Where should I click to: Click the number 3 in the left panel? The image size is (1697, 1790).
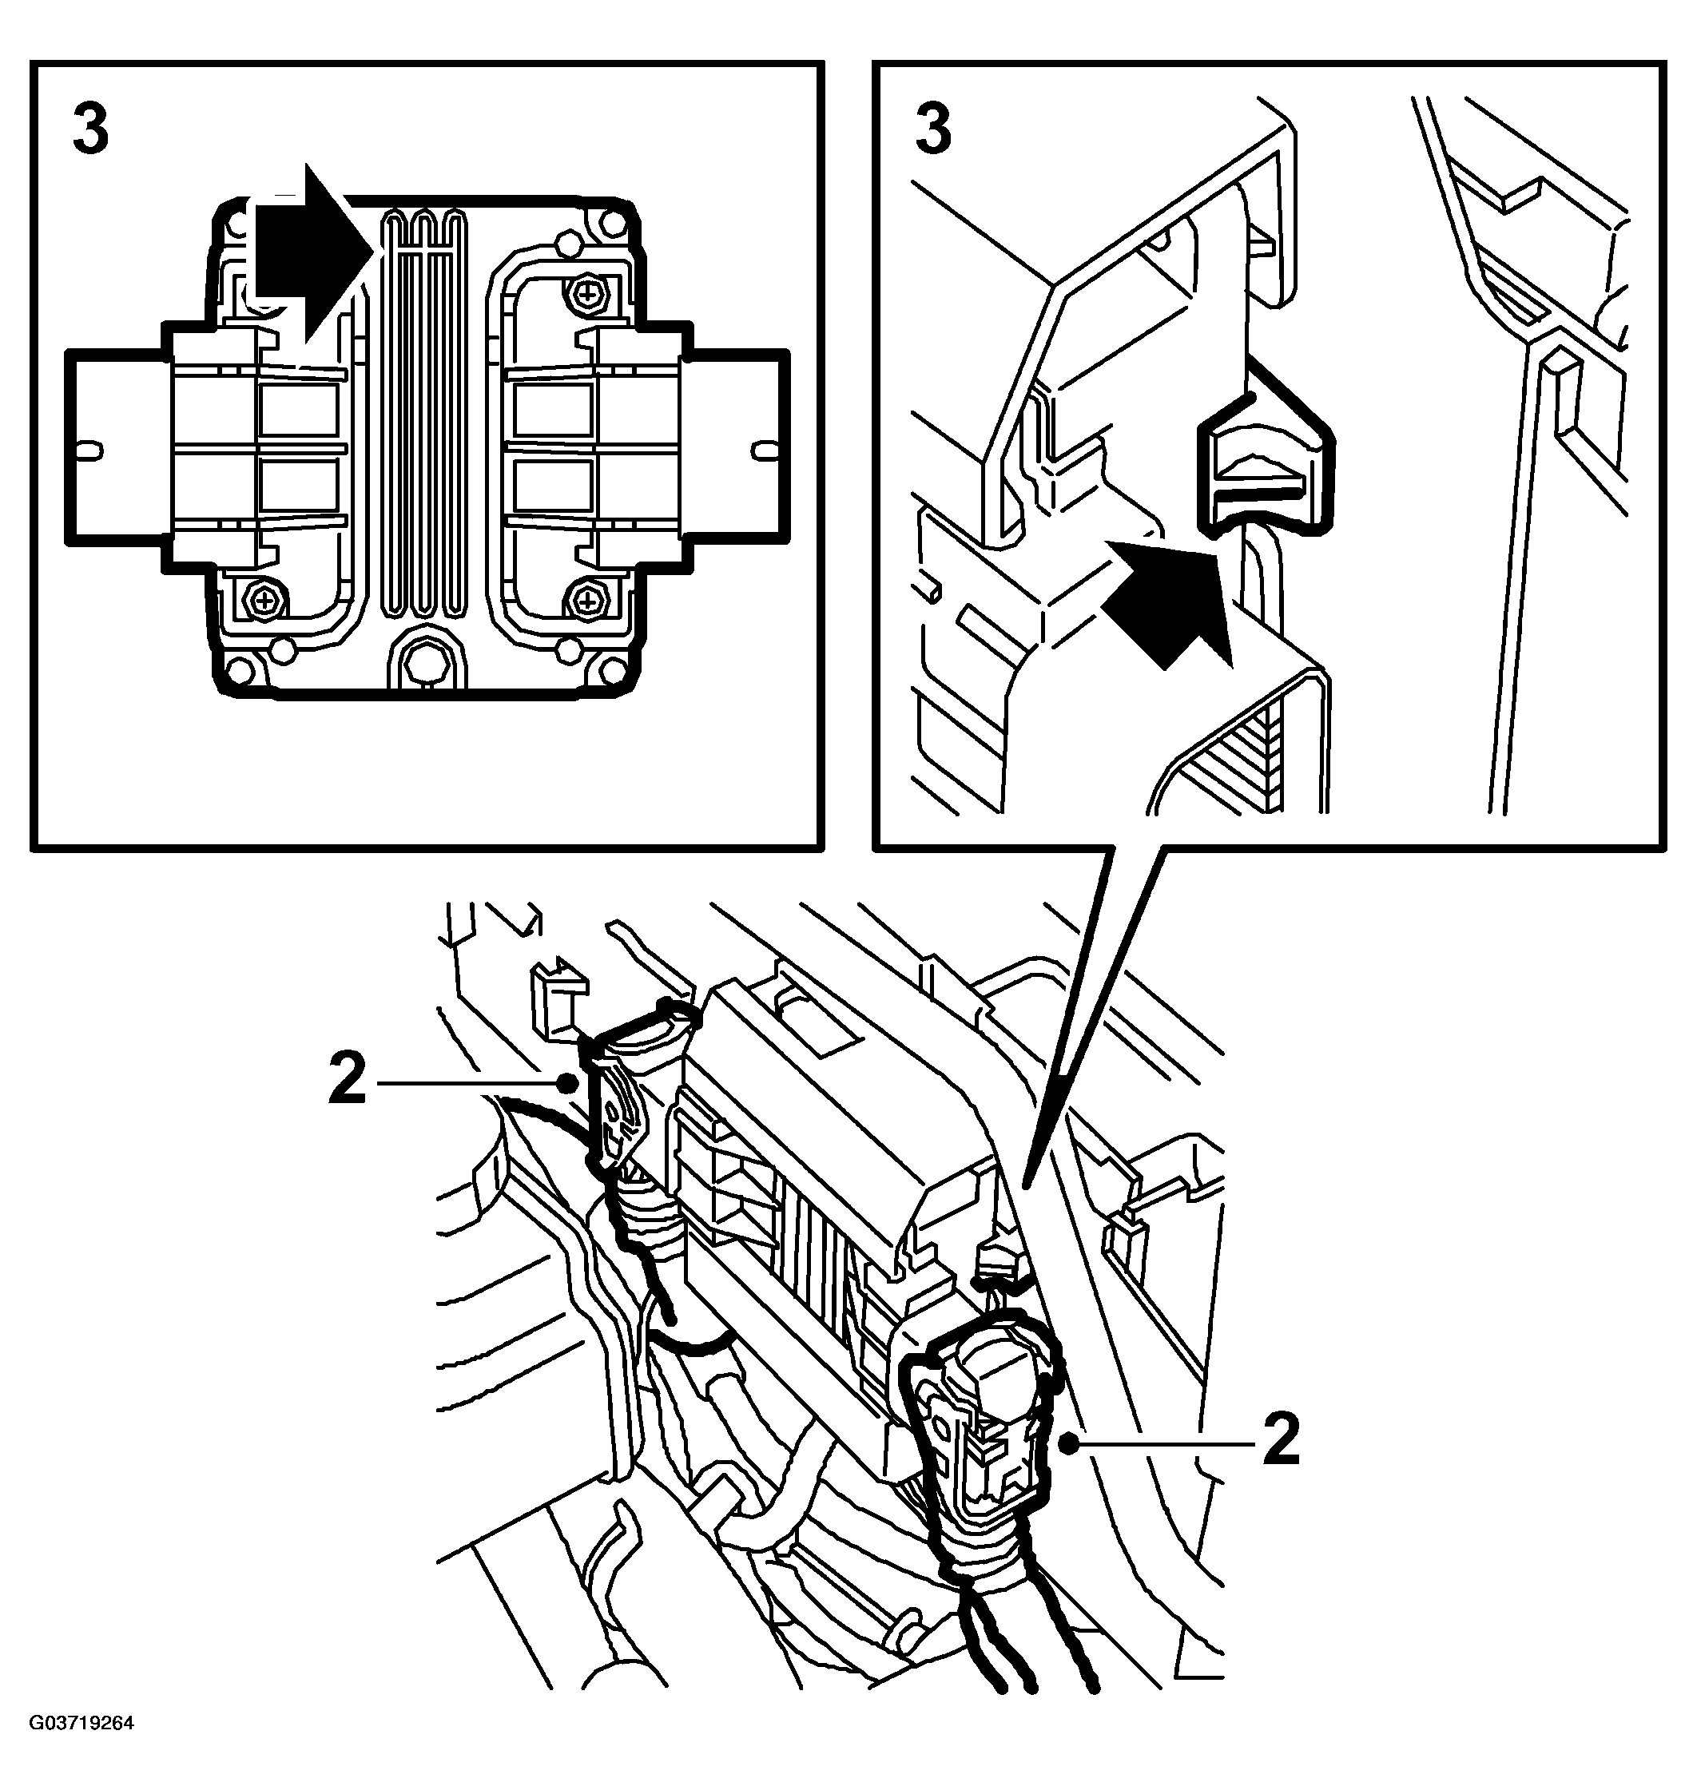90,129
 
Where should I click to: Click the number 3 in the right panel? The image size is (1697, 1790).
932,129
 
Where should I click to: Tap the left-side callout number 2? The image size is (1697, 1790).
348,1080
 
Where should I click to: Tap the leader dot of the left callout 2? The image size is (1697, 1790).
568,1082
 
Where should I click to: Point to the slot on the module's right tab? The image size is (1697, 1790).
764,448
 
